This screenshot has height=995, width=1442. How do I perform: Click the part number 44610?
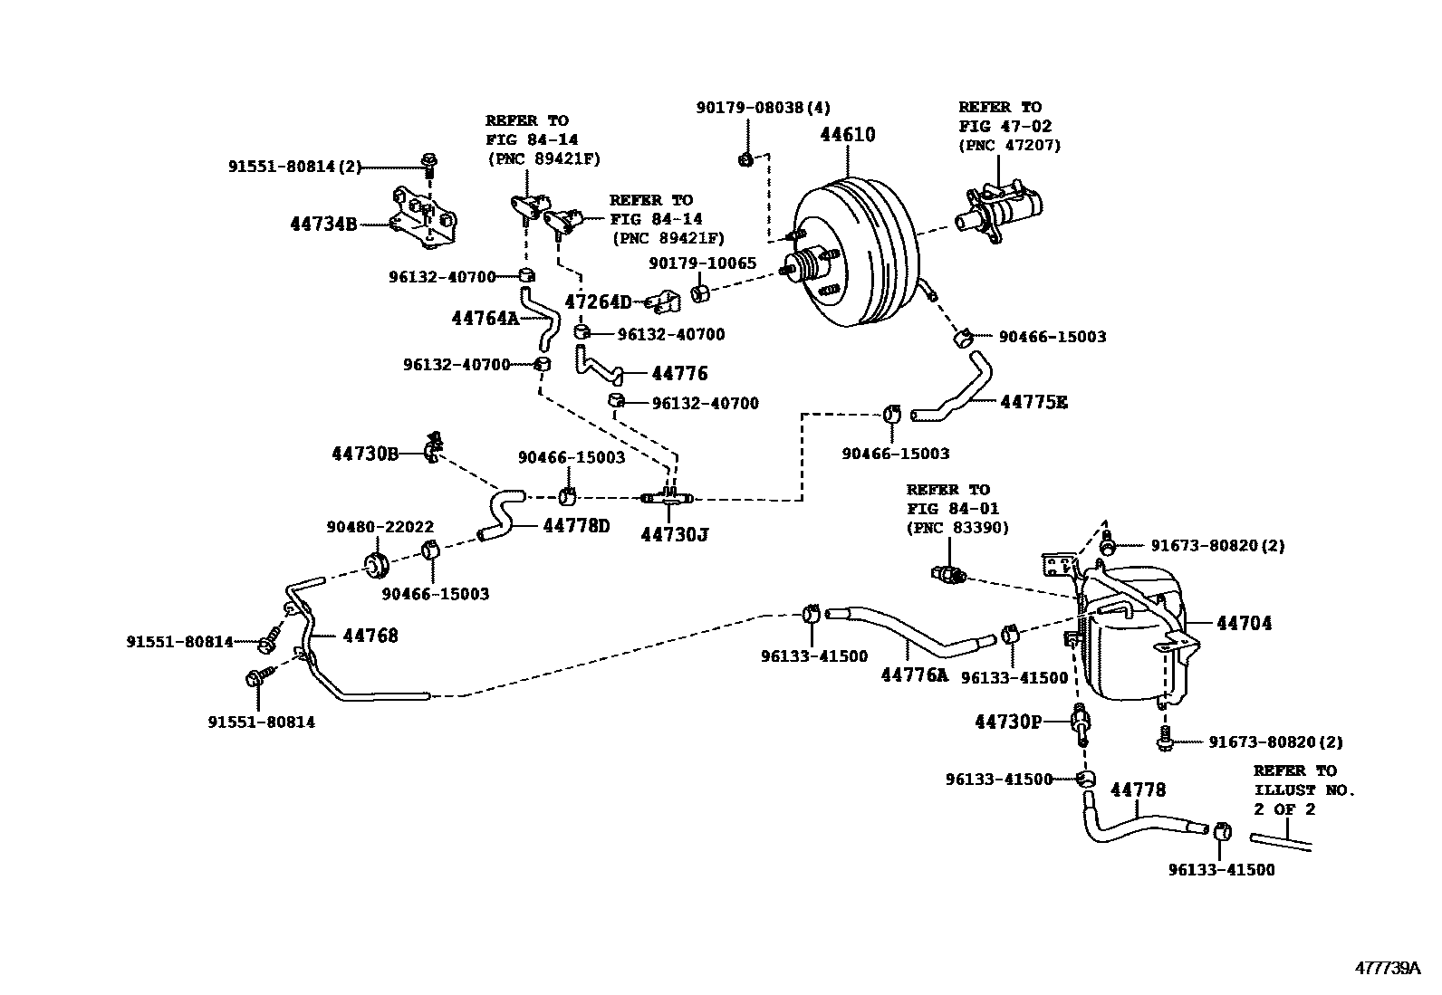click(x=848, y=135)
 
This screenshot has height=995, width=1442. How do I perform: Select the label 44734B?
click(x=323, y=224)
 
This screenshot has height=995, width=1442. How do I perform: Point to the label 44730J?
click(x=674, y=535)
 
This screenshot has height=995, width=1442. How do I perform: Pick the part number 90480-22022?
click(x=380, y=527)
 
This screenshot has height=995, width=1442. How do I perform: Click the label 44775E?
click(x=1033, y=402)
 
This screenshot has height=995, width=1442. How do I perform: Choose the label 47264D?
click(x=598, y=302)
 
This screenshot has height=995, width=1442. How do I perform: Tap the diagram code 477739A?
click(x=1388, y=968)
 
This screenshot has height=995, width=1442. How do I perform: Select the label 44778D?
click(x=577, y=525)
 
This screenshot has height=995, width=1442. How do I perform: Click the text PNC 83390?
click(x=957, y=528)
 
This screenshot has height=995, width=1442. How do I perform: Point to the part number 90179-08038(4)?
click(x=764, y=108)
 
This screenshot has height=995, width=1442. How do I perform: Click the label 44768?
click(x=370, y=636)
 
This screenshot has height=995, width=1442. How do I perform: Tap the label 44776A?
click(x=915, y=674)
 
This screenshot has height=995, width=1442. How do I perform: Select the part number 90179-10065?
click(x=702, y=263)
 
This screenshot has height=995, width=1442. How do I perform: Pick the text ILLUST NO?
click(x=1304, y=790)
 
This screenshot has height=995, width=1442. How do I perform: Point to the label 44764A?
click(x=485, y=318)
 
